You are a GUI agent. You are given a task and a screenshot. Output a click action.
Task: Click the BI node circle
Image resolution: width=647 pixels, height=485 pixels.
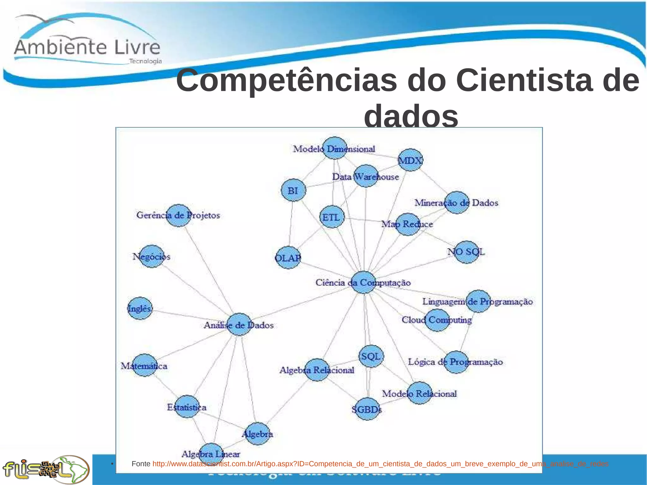[293, 190]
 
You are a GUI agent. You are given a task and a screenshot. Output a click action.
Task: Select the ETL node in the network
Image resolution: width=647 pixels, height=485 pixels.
[332, 217]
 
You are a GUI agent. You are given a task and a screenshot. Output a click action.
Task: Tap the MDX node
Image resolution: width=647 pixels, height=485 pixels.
[410, 160]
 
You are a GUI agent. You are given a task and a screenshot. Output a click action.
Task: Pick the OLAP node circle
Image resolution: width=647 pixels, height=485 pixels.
[288, 258]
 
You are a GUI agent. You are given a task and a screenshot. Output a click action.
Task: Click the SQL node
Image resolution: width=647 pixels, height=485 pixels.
[371, 356]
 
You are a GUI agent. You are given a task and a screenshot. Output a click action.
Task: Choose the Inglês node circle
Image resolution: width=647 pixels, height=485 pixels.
[140, 308]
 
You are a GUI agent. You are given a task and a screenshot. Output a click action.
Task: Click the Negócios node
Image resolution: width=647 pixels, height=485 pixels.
[152, 256]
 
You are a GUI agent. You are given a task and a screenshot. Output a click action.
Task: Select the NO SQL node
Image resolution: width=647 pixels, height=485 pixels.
[467, 252]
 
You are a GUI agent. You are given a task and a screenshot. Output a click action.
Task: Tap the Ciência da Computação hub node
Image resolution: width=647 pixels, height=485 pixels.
[364, 282]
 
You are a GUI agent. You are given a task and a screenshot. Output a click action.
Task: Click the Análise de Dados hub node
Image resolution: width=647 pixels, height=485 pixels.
[239, 324]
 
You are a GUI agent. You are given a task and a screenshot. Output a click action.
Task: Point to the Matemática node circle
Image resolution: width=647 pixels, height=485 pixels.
[145, 365]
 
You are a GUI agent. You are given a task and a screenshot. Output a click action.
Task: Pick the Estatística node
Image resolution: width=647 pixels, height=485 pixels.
[187, 407]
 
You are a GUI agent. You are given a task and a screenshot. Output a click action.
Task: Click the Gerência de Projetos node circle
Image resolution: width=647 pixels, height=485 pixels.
[178, 215]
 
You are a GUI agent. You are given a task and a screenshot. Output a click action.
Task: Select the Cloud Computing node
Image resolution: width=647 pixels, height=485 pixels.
[437, 320]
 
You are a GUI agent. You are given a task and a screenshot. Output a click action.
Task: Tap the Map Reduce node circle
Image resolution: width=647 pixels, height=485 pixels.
[408, 224]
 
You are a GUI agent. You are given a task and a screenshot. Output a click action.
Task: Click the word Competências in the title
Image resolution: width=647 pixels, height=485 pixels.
[286, 81]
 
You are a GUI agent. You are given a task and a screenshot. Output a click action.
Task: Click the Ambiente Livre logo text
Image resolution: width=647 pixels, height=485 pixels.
[87, 47]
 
